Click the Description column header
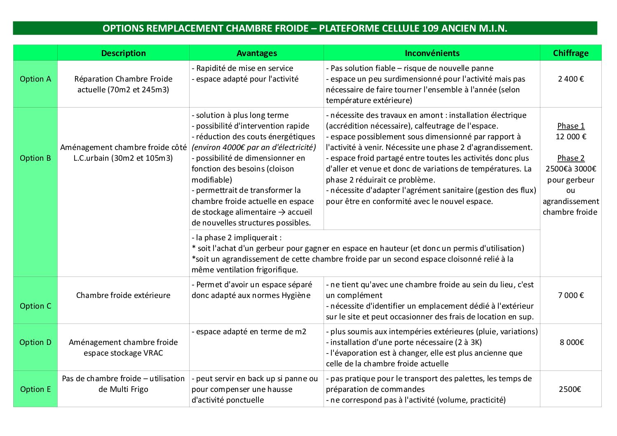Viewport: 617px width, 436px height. click(x=123, y=53)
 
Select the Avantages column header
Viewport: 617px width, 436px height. click(x=256, y=53)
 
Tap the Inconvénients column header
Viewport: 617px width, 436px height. click(x=432, y=53)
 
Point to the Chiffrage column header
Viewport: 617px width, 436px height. click(x=570, y=53)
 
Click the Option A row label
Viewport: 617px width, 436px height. click(x=35, y=79)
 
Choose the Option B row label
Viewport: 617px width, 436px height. click(x=35, y=158)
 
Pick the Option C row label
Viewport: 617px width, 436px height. click(x=35, y=306)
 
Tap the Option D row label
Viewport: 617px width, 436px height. click(x=35, y=342)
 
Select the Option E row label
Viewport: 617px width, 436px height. click(x=35, y=389)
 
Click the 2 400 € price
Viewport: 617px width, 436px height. click(x=571, y=79)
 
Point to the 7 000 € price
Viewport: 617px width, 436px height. click(x=571, y=295)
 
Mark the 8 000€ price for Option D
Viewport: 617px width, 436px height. click(x=571, y=342)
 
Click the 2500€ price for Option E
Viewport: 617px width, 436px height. click(x=570, y=389)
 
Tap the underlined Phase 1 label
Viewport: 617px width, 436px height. click(x=571, y=126)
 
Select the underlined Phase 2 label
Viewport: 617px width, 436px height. click(x=571, y=158)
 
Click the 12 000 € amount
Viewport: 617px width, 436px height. click(x=571, y=136)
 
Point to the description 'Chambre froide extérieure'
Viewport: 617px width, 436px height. click(x=123, y=295)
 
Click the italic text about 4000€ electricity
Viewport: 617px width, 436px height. click(x=253, y=147)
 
